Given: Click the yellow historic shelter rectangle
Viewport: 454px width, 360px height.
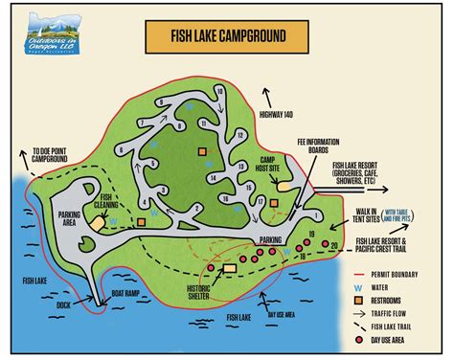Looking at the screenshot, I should point(228,269).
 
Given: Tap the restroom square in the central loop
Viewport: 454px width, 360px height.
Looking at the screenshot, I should point(202,151).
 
